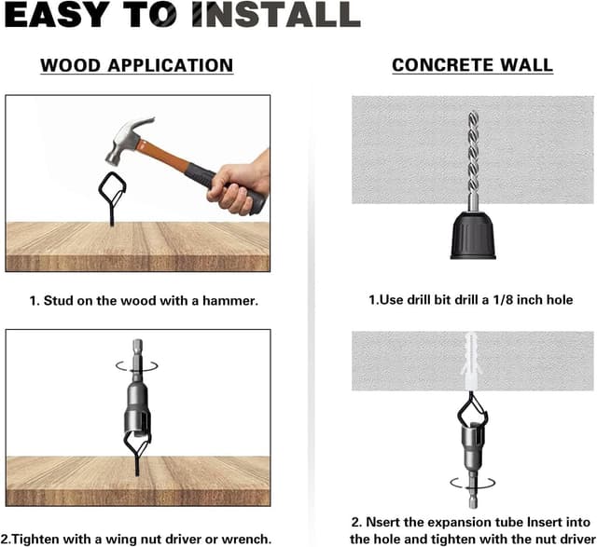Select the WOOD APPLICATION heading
point(136,65)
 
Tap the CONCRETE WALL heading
point(472,65)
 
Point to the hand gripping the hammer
point(239,181)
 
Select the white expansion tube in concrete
point(473,359)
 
